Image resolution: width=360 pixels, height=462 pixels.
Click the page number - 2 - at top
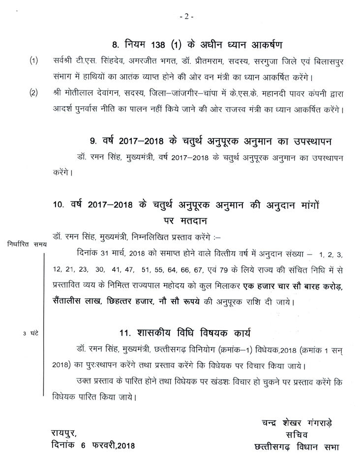pyautogui.click(x=187, y=17)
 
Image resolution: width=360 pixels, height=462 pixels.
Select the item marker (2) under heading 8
pyautogui.click(x=33, y=93)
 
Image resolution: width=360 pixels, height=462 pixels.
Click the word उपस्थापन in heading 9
pyautogui.click(x=311, y=142)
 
